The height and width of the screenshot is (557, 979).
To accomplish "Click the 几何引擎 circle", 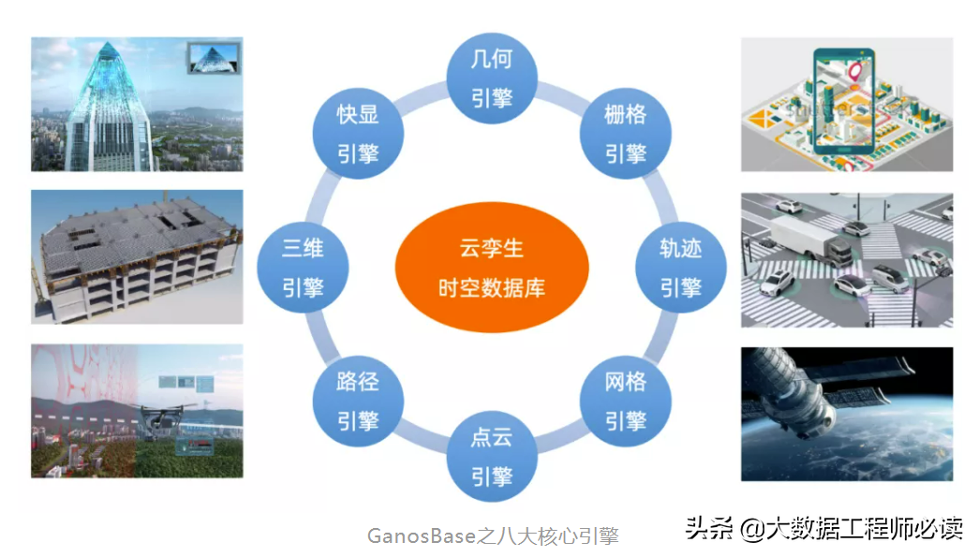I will point(492,81).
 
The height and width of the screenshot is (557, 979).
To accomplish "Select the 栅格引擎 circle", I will point(625,134).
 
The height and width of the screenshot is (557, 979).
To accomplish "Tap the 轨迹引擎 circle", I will point(680,268).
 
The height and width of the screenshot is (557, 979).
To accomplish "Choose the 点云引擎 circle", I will point(492,457).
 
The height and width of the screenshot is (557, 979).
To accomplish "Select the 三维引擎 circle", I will point(303,268).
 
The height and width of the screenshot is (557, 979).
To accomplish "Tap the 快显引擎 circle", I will point(358,134).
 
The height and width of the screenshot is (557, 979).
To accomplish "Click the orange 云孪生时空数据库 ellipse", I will point(491,267).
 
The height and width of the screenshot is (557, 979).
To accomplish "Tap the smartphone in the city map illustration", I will point(848,103).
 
